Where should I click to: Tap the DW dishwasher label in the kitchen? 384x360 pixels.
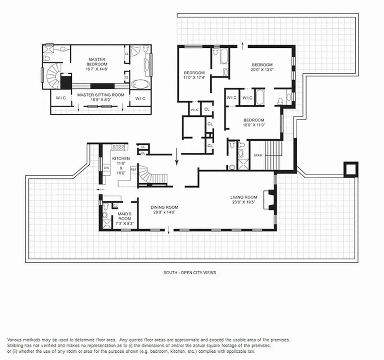pyautogui.click(x=107, y=168)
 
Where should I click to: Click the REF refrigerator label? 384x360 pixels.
pyautogui.click(x=133, y=169)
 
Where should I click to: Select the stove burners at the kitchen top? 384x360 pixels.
pyautogui.click(x=118, y=147)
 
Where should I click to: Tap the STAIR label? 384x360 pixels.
pyautogui.click(x=258, y=156)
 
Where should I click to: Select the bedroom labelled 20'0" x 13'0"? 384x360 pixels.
pyautogui.click(x=262, y=67)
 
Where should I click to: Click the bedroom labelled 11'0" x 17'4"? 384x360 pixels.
pyautogui.click(x=194, y=76)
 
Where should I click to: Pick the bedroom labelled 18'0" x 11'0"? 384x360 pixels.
pyautogui.click(x=253, y=122)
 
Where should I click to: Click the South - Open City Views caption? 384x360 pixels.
pyautogui.click(x=192, y=273)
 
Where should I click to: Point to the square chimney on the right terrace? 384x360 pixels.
pyautogui.click(x=350, y=169)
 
